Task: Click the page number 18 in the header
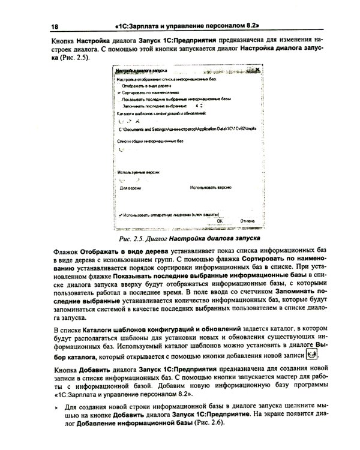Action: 55,27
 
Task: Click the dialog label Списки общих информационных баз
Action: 150,141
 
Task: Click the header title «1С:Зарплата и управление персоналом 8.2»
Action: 186,27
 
